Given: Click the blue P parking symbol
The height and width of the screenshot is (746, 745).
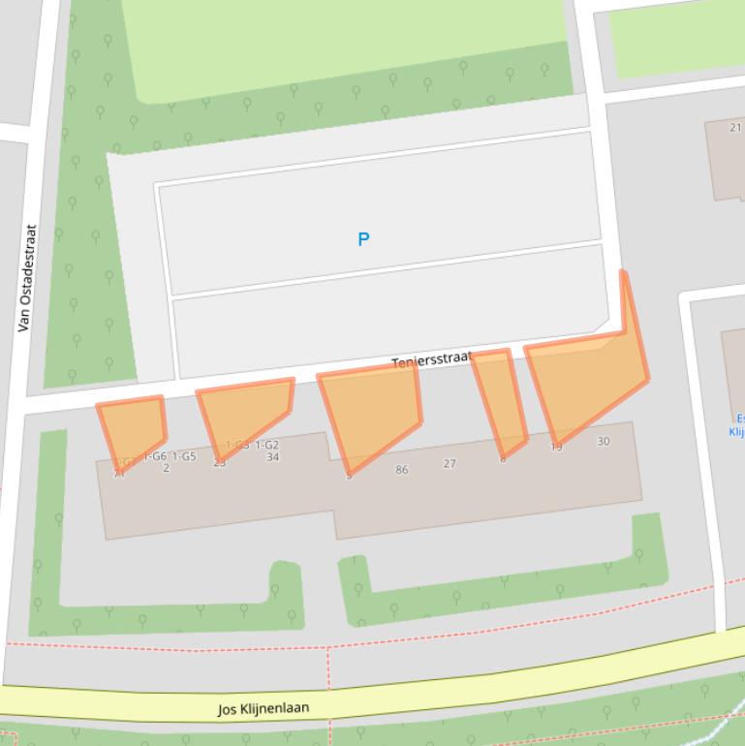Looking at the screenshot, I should tap(363, 239).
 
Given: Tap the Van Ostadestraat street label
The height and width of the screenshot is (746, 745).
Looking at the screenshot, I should tap(28, 279).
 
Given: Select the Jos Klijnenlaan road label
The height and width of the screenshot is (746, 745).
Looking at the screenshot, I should tap(264, 708).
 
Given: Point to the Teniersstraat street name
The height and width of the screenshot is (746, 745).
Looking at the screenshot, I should tap(430, 361).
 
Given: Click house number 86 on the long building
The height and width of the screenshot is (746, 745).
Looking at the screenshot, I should tap(401, 470).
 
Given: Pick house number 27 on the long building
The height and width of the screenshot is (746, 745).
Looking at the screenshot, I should tap(450, 464).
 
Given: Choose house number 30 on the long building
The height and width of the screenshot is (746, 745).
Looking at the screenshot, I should tap(604, 442).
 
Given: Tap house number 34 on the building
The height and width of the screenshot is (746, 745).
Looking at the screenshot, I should tap(272, 457).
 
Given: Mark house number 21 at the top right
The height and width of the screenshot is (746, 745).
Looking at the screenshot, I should tap(735, 127).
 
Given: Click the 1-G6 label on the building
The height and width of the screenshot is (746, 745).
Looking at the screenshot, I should tap(155, 456).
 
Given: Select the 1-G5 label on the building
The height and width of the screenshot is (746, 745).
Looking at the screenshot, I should tap(184, 456).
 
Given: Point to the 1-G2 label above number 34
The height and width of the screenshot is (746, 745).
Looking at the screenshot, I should tap(266, 446).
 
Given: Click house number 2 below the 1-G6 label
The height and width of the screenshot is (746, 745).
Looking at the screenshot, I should tap(166, 468).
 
